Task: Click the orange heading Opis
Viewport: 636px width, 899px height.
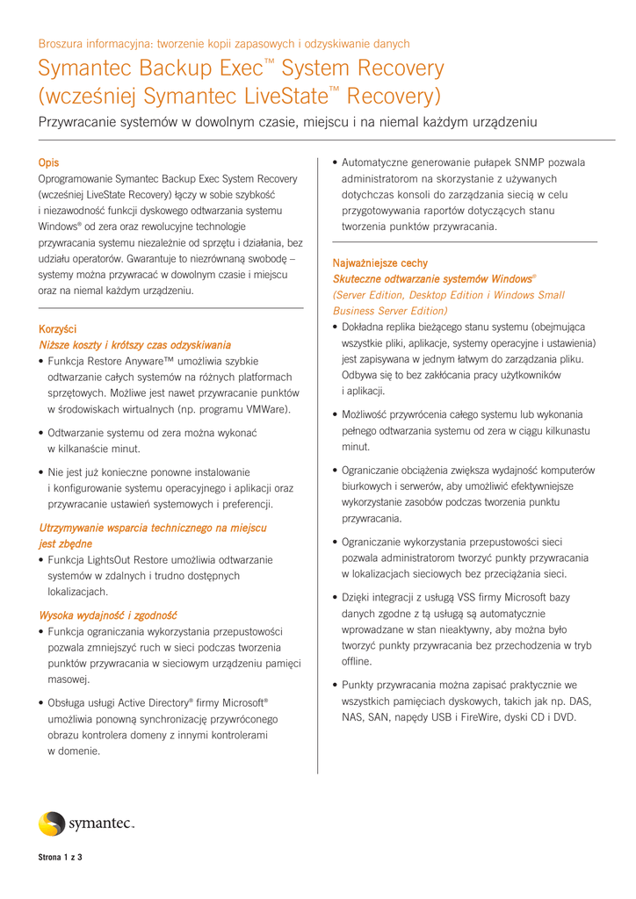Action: (x=48, y=162)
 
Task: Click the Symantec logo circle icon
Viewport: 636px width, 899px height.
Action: (x=52, y=823)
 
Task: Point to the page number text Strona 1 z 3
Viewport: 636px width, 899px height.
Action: (x=59, y=858)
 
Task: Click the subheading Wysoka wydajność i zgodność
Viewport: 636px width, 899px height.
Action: (x=109, y=615)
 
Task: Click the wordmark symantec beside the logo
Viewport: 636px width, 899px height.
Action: (x=100, y=824)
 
